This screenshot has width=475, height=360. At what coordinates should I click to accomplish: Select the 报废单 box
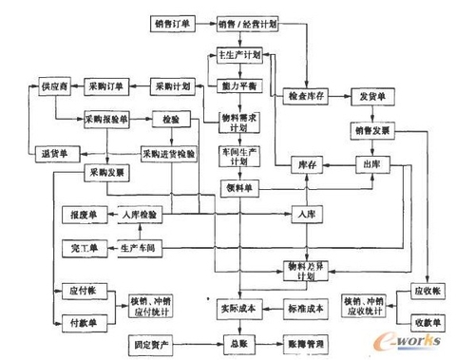pos(79,217)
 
